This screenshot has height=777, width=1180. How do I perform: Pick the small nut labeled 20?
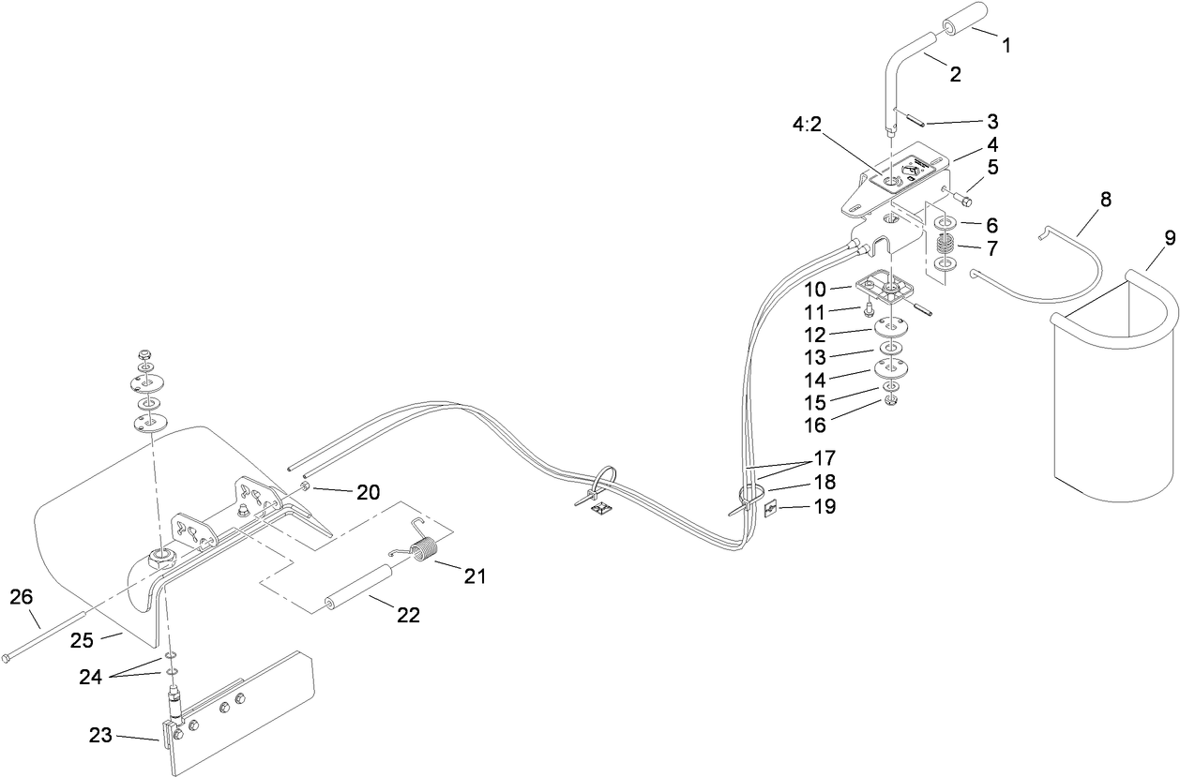[x=307, y=490]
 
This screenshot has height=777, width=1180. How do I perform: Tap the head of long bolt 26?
[x=8, y=658]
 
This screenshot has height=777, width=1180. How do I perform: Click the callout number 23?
[x=126, y=737]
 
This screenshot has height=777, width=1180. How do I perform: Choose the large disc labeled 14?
[x=889, y=368]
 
